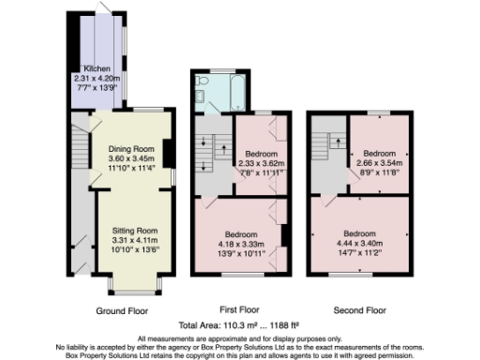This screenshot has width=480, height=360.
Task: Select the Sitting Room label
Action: coord(130,230)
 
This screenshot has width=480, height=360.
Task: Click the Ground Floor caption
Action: coord(120,309)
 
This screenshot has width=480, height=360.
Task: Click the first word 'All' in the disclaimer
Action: coord(142,337)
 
